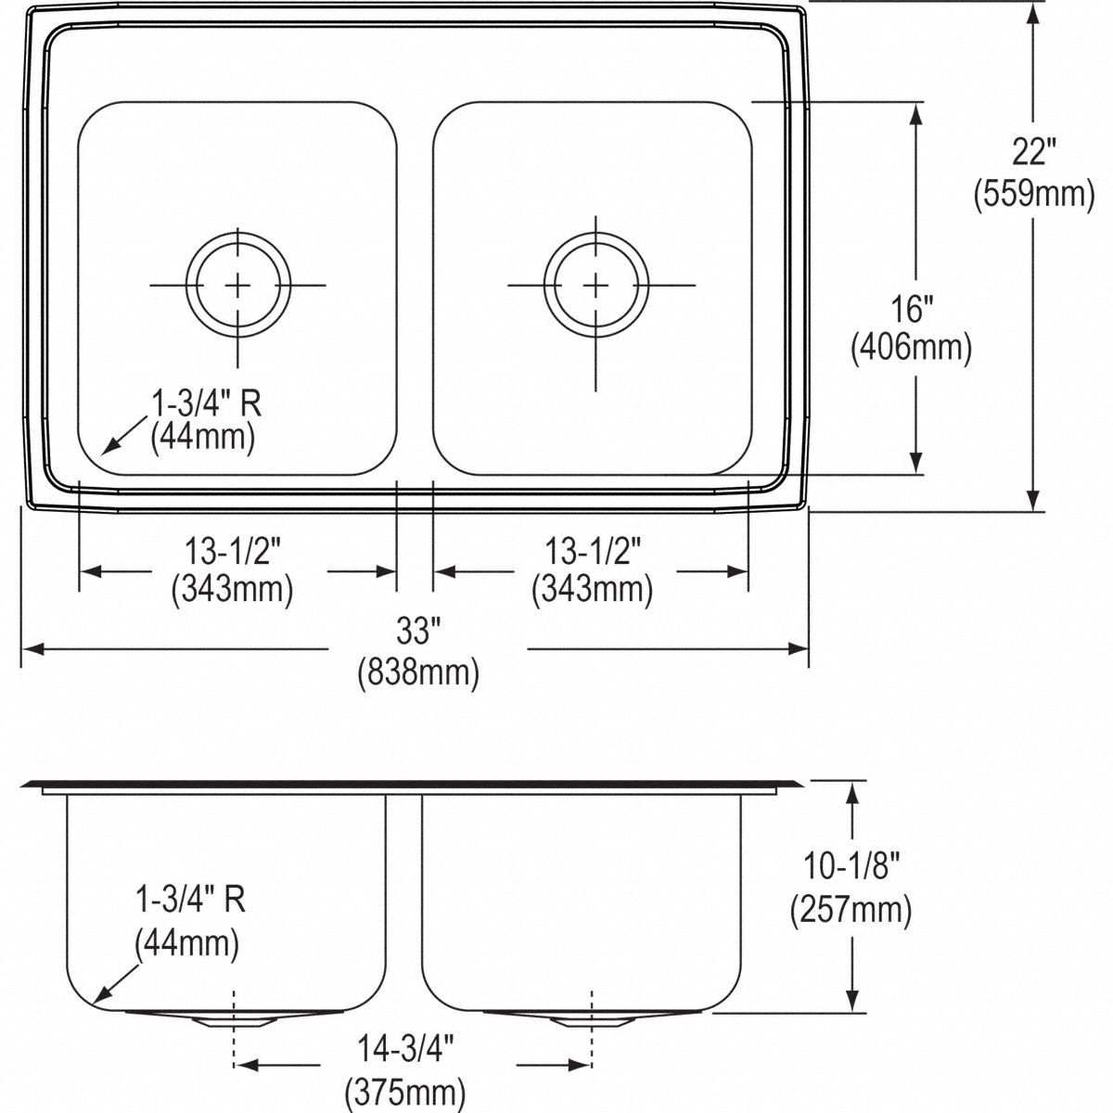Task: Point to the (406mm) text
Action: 911,348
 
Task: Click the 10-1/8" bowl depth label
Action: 851,867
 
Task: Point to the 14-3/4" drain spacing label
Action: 405,1049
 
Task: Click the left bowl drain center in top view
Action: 238,285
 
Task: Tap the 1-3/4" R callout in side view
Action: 190,900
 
